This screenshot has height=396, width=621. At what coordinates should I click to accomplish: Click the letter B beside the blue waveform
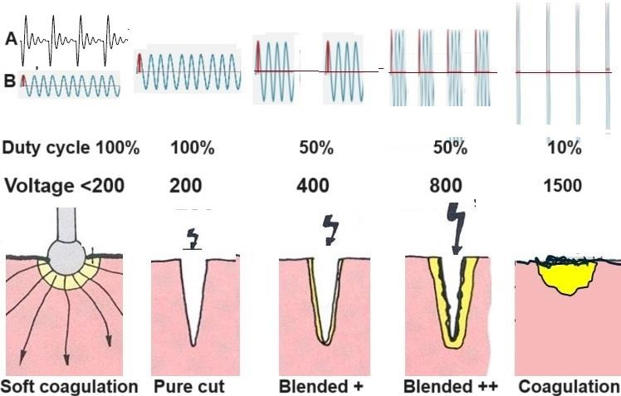(x=9, y=81)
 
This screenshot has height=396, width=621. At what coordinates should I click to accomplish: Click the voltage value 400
(x=314, y=185)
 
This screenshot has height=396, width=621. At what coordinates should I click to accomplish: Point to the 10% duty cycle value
(x=565, y=149)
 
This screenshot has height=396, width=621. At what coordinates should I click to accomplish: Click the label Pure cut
(x=188, y=387)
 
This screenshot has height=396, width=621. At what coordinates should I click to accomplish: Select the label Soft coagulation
(x=69, y=387)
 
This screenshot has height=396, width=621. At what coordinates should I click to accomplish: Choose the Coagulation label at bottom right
(x=569, y=387)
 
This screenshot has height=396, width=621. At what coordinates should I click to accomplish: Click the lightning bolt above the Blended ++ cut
(x=456, y=225)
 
